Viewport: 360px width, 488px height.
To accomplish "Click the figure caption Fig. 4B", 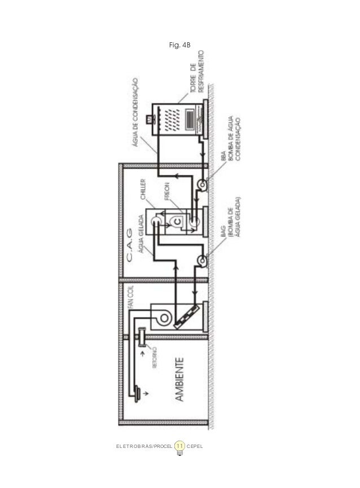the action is click(179, 45).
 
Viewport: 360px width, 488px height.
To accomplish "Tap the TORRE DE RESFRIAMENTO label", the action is click(197, 72).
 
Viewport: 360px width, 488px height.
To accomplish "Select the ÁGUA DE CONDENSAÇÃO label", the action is click(135, 112).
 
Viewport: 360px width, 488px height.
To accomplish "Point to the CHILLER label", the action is click(143, 189).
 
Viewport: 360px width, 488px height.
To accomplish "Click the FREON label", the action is click(167, 191).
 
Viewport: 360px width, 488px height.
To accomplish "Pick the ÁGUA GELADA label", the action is click(141, 234).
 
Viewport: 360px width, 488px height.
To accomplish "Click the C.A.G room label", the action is click(129, 245).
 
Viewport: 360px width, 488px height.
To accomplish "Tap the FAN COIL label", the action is click(131, 297).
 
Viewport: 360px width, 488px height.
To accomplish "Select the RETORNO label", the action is click(155, 358).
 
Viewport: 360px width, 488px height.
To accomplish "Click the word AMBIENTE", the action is click(179, 379).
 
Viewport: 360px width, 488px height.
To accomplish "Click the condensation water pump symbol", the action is click(202, 184).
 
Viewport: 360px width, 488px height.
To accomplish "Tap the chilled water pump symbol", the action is click(202, 260).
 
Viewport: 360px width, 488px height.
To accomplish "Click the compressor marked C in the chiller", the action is click(177, 221).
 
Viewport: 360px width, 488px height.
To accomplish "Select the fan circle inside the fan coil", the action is click(164, 318).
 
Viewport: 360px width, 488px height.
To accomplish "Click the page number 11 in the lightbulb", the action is click(179, 446).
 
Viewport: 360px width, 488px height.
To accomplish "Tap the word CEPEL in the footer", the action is click(195, 446).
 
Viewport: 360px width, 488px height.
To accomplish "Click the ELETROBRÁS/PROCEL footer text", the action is click(144, 446).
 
